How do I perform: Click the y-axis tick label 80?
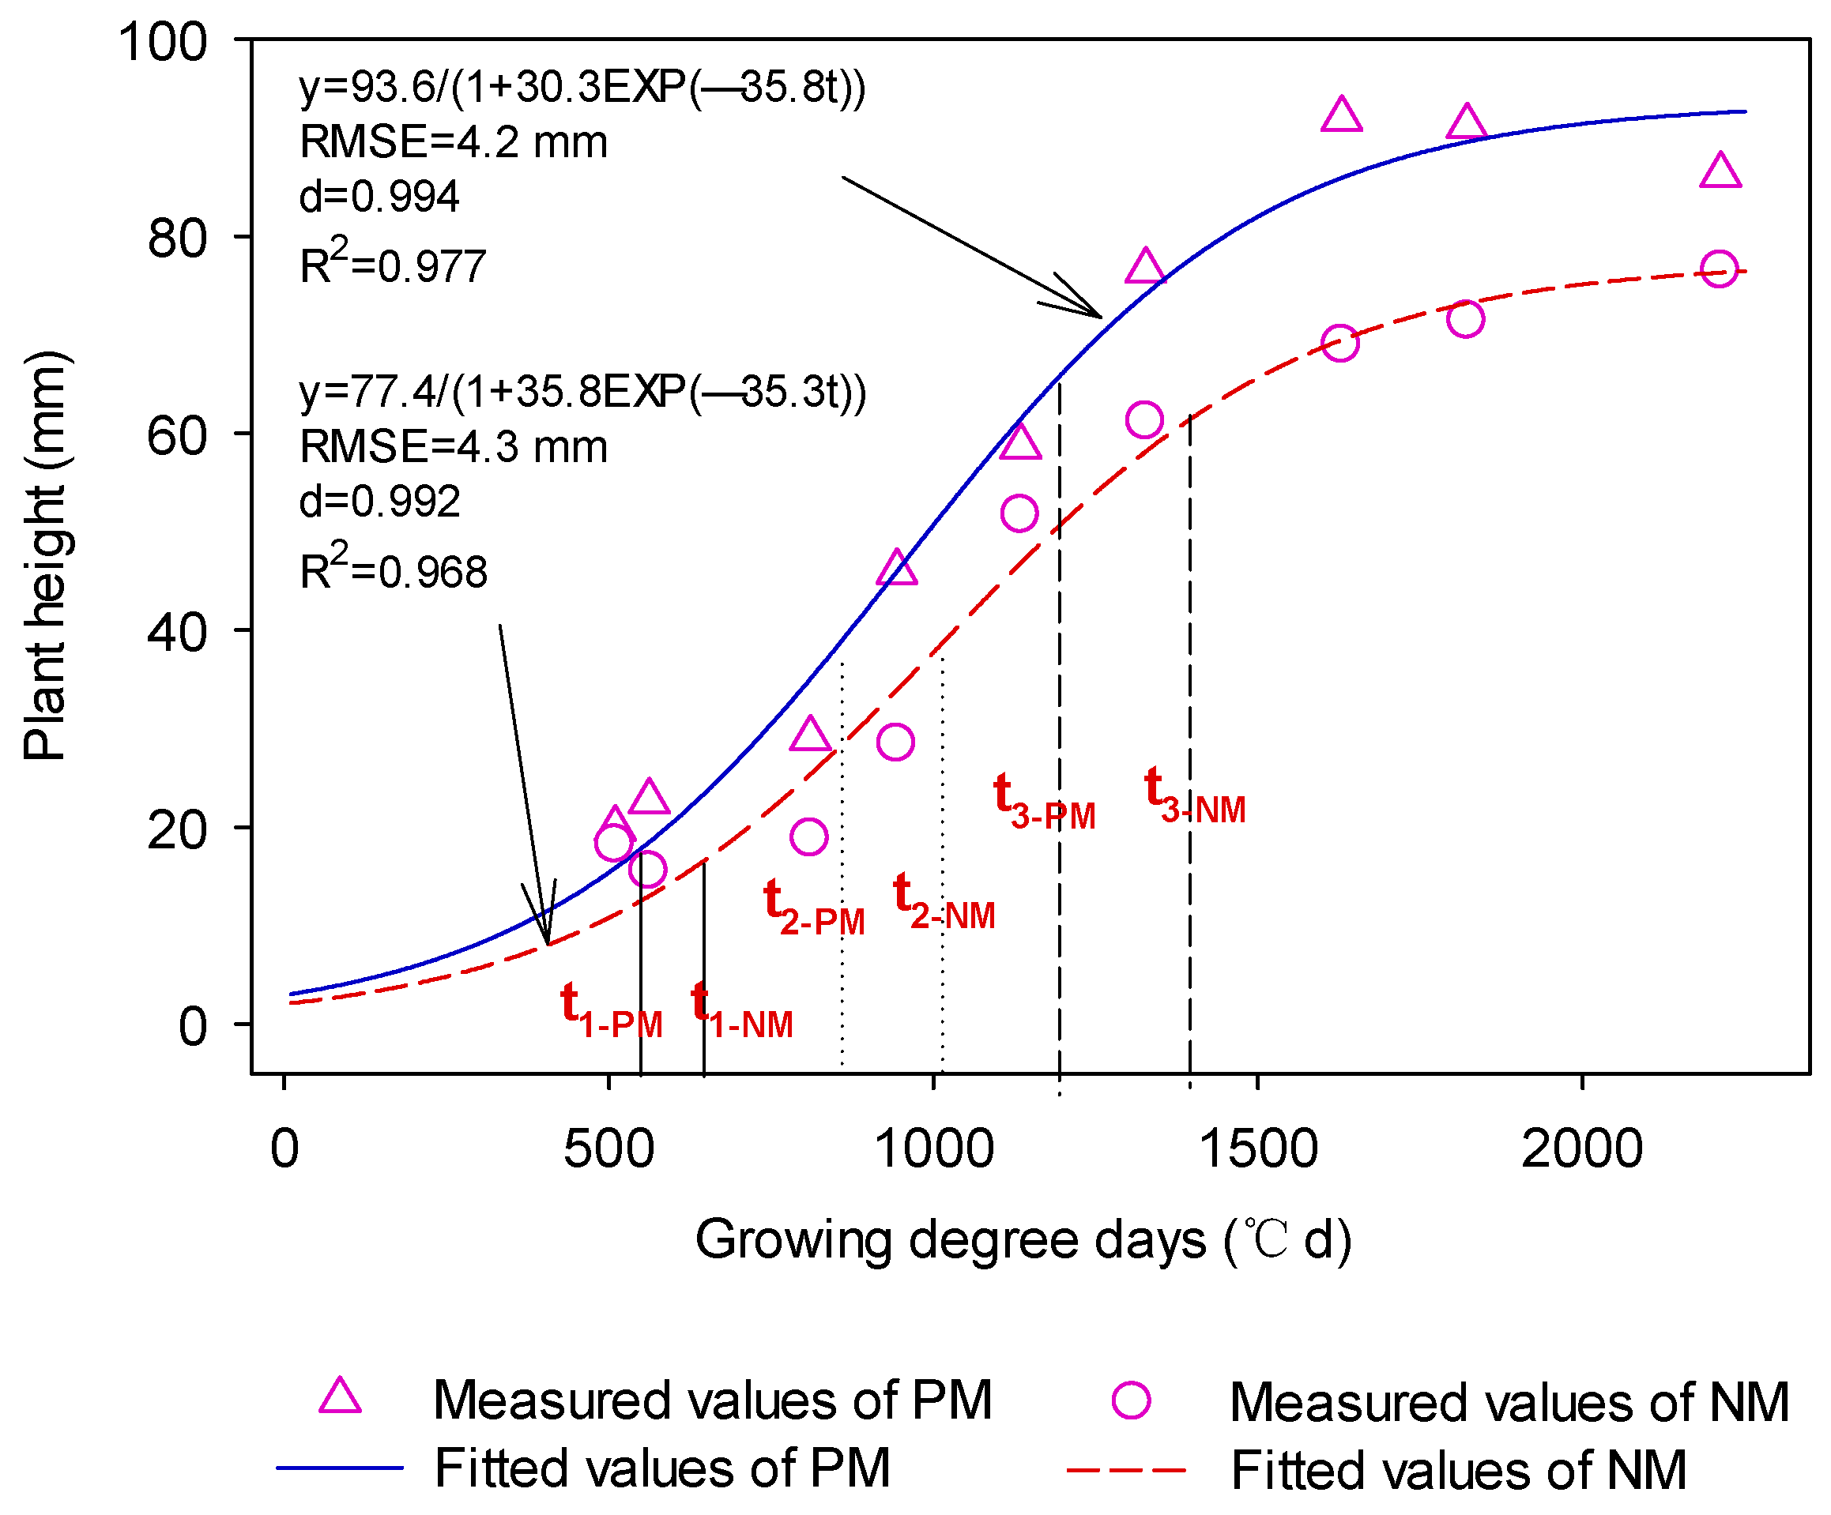point(177,238)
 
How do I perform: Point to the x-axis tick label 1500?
point(1257,1149)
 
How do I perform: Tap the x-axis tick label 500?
point(608,1149)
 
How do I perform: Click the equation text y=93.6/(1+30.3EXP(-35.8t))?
point(582,87)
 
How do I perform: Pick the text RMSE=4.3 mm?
point(454,447)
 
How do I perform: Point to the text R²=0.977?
point(392,265)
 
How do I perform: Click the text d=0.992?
point(379,502)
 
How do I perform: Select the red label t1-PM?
point(610,1010)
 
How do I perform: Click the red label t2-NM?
point(944,901)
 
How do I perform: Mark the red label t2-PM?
point(812,907)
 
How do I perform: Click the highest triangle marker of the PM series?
point(1341,116)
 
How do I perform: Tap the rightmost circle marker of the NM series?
point(1720,269)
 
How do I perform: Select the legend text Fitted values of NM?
point(1459,1471)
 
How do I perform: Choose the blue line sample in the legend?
point(340,1468)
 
